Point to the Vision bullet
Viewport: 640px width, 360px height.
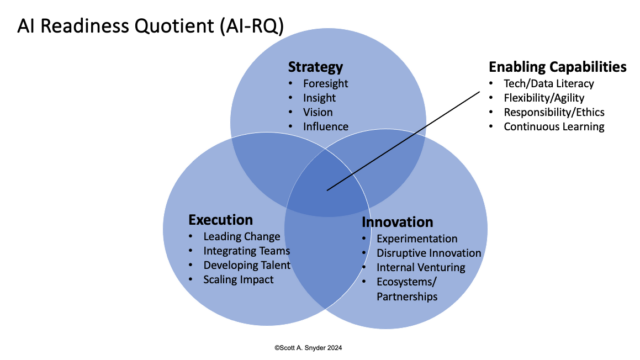pos(318,112)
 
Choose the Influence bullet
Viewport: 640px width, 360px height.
pos(325,127)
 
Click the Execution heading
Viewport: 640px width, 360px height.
pos(220,220)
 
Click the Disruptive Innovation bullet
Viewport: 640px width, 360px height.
pos(428,253)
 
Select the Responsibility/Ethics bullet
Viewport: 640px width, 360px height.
pos(552,112)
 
